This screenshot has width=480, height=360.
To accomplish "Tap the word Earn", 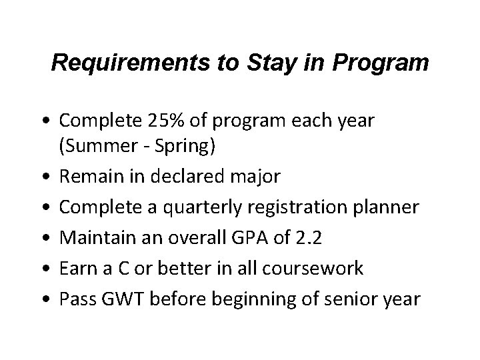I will (x=76, y=268).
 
